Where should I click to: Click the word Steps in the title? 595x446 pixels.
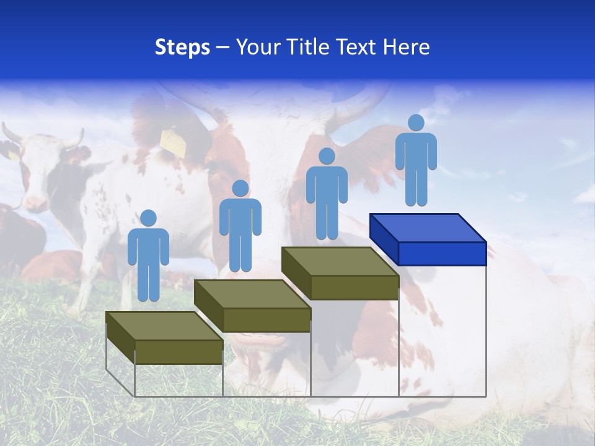point(182,48)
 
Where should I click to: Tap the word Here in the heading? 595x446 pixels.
point(406,47)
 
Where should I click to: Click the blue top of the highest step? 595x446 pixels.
point(428,227)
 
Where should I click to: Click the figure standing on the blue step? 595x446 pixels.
point(416,164)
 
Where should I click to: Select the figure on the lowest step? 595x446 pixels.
point(148,260)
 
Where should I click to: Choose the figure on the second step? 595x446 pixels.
point(240,229)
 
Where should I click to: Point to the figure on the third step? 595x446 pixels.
point(327,197)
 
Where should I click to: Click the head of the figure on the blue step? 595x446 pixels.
point(416,123)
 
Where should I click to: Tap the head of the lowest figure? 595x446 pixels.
point(148,218)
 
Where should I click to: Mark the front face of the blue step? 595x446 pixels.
point(442,253)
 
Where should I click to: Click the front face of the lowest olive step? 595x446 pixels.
point(178,352)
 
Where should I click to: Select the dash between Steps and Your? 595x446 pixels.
point(223,48)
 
